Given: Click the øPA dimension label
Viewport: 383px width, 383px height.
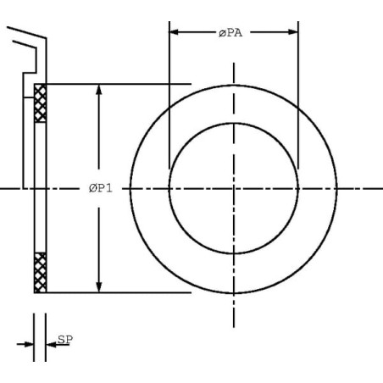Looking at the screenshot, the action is [x=230, y=33].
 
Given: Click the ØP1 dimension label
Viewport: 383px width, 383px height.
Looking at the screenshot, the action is [x=101, y=188].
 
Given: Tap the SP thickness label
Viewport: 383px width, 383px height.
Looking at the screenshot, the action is [x=65, y=339].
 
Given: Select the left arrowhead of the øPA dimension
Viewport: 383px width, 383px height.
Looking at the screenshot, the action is [x=174, y=32].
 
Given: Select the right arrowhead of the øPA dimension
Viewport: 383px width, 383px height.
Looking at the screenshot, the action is [x=293, y=32].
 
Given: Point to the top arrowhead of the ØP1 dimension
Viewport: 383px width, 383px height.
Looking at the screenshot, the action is [x=98, y=89].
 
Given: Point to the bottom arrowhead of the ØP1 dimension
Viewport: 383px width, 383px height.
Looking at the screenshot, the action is [x=98, y=287].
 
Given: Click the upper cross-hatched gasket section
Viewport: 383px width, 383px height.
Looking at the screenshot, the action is [x=40, y=103].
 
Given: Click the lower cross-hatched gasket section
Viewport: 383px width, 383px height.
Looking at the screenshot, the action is [x=40, y=273].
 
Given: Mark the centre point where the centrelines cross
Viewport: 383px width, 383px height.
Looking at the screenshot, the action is [x=234, y=188].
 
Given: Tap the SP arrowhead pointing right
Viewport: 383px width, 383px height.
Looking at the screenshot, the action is [x=29, y=344].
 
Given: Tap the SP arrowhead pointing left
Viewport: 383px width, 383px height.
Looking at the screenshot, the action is [x=51, y=344].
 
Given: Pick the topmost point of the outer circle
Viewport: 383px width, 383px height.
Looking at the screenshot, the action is [x=234, y=85].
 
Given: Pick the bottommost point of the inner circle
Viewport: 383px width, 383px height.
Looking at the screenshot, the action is [x=234, y=253].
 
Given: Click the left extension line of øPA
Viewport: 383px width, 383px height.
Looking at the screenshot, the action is [x=169, y=95].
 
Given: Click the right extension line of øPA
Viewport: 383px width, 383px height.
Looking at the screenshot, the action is [x=298, y=95].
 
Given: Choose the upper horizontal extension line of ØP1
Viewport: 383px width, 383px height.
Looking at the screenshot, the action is [x=119, y=84].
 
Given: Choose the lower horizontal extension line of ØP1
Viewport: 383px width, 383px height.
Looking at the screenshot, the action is [x=119, y=292].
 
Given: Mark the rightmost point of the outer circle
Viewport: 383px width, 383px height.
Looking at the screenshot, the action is [x=337, y=188].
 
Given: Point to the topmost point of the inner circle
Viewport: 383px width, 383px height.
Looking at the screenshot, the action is [x=234, y=123].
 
